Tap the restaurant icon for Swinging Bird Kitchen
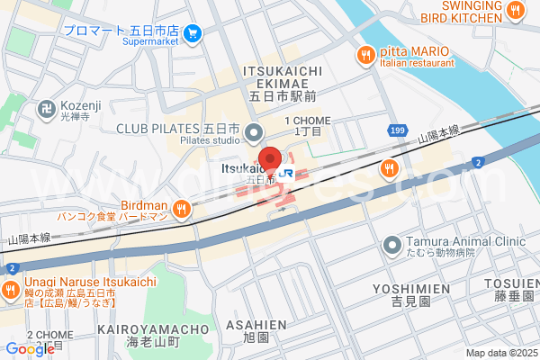click(516, 12)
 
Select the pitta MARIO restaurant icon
click(365, 55)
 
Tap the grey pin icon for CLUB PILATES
click(254, 132)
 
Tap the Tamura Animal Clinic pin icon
click(391, 244)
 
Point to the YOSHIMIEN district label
click(411, 288)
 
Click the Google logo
click(30, 348)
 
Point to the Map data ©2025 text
click(500, 353)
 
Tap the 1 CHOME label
click(307, 121)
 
